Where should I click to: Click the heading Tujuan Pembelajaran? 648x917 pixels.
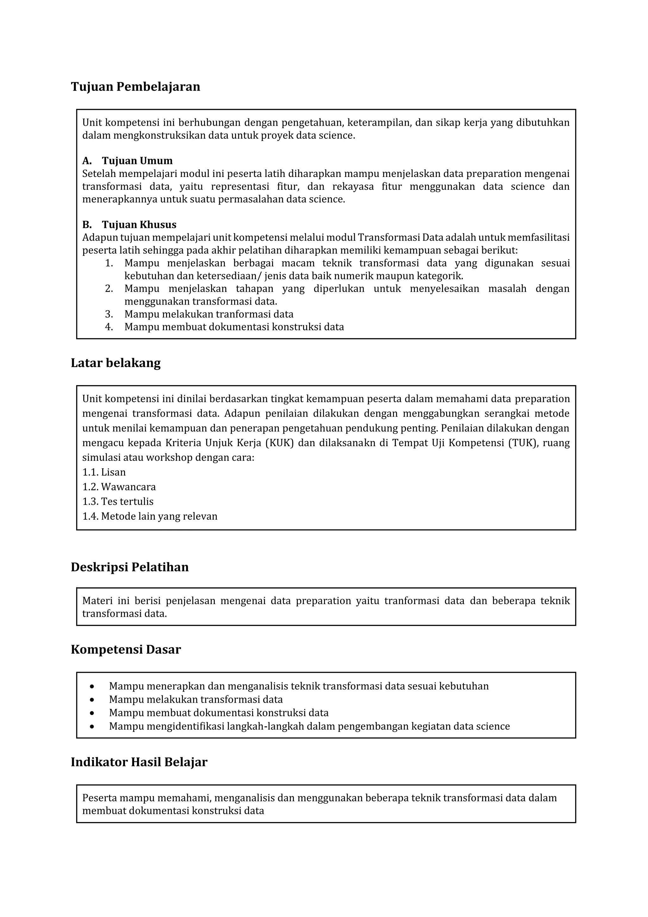tap(135, 87)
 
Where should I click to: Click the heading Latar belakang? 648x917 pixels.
tap(116, 363)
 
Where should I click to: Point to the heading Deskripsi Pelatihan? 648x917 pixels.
tap(130, 567)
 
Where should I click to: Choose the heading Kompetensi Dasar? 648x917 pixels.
tap(126, 649)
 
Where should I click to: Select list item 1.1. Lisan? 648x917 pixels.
tap(104, 472)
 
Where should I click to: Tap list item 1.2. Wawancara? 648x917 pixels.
tap(119, 487)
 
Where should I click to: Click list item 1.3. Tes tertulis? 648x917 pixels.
tap(118, 502)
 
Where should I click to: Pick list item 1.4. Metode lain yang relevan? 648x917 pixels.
tap(150, 516)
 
